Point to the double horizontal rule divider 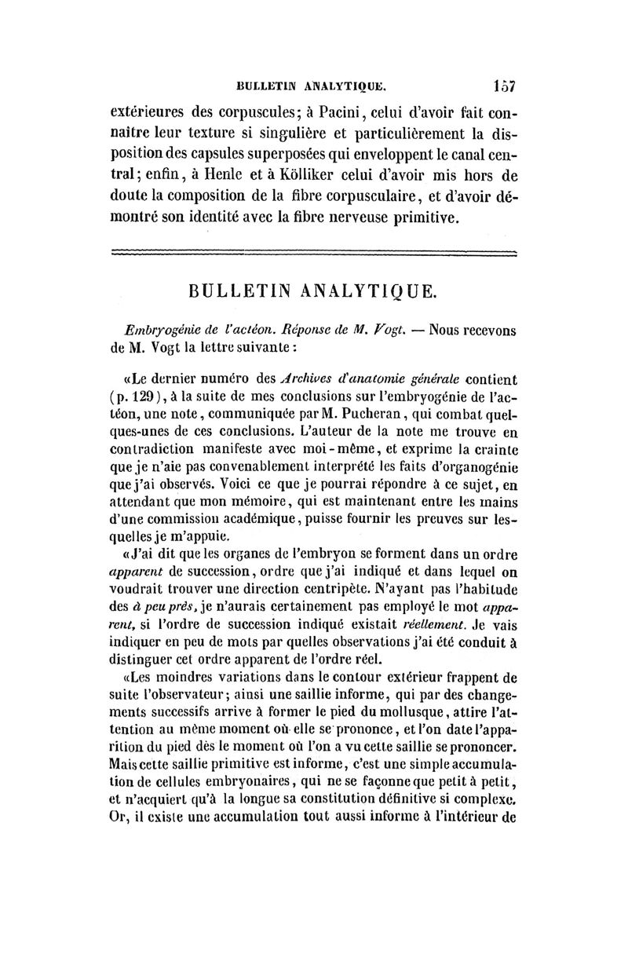click(314, 253)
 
